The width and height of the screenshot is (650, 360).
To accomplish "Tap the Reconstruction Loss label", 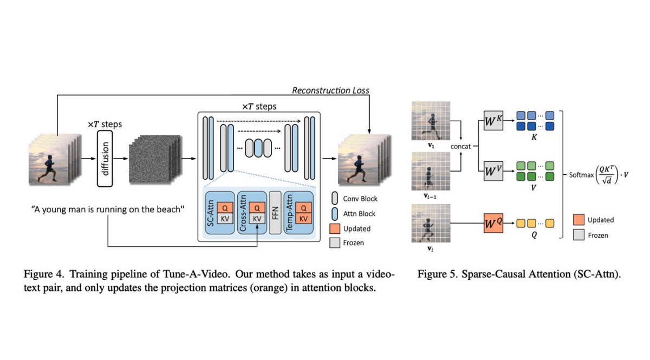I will pos(330,90).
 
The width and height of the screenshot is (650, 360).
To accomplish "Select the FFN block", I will pos(275,213).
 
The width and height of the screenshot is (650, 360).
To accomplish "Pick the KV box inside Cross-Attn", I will pos(257,218).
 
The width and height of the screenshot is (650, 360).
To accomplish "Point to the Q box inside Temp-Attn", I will pos(304,207).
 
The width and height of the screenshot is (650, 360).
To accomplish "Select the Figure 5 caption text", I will pos(519,274).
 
